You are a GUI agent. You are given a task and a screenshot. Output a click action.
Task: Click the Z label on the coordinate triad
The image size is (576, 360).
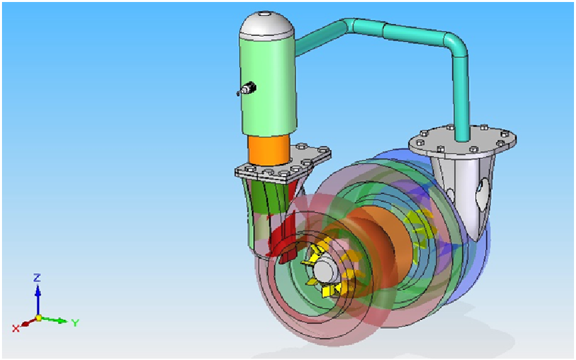click(37, 277)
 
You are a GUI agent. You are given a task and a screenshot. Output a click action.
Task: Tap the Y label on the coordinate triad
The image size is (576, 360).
click(75, 323)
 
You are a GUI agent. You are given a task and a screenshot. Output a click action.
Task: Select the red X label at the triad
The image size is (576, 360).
click(15, 328)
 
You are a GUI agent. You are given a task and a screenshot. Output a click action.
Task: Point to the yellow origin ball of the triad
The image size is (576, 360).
click(38, 318)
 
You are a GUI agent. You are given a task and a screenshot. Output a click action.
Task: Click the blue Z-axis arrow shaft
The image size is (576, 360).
click(38, 300)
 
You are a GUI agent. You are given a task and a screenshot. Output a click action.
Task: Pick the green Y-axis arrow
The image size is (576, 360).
click(57, 320)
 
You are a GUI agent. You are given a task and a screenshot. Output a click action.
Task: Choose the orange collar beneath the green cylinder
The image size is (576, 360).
click(269, 149)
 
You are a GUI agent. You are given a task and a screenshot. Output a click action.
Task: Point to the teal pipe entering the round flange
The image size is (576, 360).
click(461, 123)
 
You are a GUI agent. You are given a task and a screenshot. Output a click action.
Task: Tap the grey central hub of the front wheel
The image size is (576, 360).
click(326, 271)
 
